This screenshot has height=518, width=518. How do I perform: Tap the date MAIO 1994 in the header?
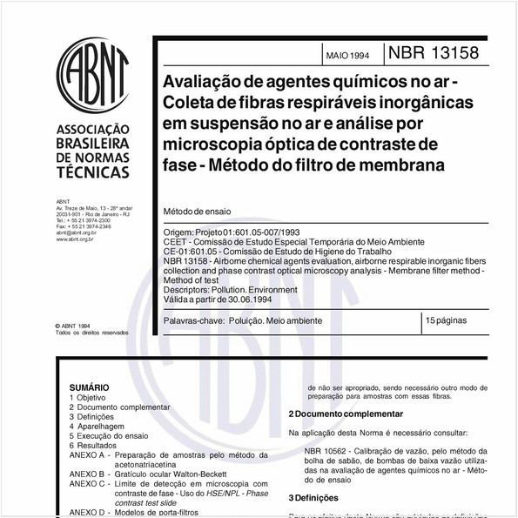click(347, 55)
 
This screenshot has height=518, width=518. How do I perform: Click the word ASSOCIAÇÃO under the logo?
click(93, 125)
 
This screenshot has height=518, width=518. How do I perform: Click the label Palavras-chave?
click(192, 321)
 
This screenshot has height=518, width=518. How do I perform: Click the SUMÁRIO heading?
click(89, 387)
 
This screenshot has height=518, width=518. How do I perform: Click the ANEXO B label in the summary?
click(86, 474)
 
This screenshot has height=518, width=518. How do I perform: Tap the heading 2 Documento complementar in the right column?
click(346, 414)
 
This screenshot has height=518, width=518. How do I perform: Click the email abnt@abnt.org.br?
click(77, 233)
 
